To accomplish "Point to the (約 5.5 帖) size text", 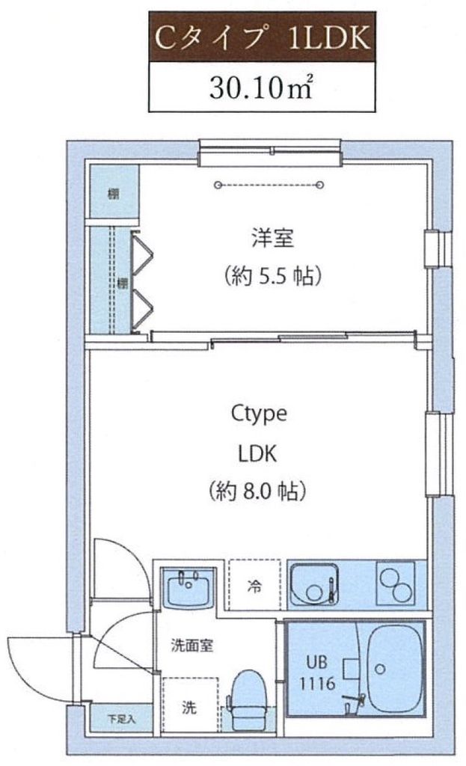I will pyautogui.click(x=273, y=278).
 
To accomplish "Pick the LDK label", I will pyautogui.click(x=258, y=453).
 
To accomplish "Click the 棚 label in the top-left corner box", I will pyautogui.click(x=113, y=194).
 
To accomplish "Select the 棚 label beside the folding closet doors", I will pyautogui.click(x=120, y=283).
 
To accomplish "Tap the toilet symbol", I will pyautogui.click(x=245, y=700).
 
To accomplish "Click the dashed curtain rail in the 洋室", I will pyautogui.click(x=269, y=184).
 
